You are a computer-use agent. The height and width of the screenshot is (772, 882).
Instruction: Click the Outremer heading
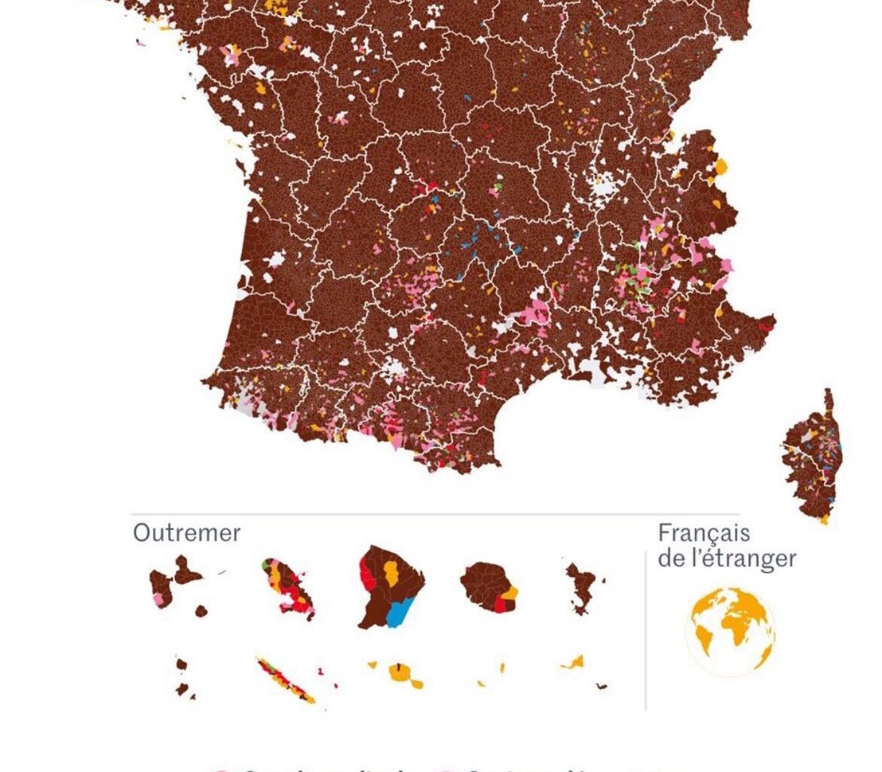point(186,533)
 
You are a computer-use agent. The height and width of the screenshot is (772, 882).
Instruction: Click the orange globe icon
point(730,632)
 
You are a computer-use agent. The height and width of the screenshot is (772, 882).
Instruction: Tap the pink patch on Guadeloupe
point(158,600)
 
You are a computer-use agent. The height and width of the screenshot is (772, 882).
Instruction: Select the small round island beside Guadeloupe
point(201,611)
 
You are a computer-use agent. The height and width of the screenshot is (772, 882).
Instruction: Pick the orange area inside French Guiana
point(391,572)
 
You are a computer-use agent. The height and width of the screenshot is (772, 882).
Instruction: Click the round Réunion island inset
point(487,585)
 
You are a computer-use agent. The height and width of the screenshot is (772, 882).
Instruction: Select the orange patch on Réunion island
point(510,593)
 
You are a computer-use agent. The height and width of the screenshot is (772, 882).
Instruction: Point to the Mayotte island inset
point(582,587)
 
